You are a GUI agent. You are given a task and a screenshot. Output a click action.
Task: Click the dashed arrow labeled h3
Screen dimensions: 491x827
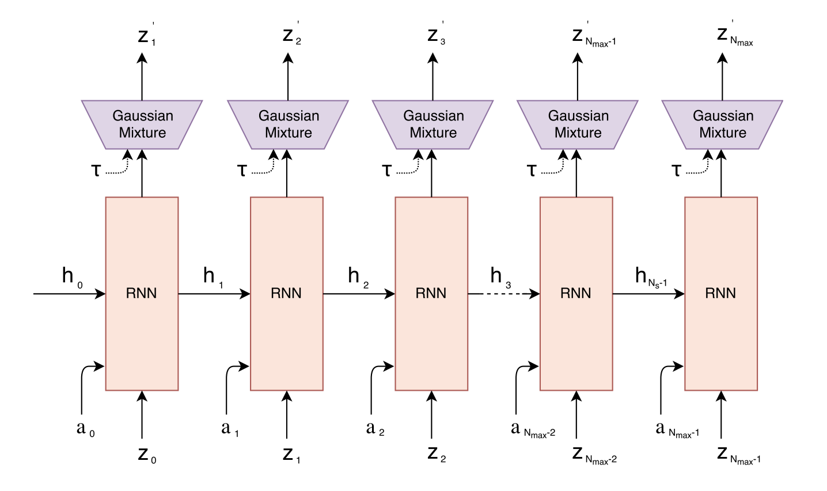[503, 294]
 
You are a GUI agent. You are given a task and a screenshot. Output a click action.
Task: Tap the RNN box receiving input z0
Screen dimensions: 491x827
[142, 293]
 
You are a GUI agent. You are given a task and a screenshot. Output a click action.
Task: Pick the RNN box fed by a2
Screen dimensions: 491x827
[431, 293]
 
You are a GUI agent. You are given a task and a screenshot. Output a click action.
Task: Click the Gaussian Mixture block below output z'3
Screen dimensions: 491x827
[433, 124]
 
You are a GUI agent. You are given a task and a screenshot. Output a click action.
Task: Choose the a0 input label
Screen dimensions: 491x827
[85, 429]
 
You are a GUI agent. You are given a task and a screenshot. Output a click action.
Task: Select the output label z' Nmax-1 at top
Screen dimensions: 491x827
[593, 36]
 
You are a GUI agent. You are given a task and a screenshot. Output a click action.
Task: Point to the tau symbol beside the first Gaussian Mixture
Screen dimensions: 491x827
[96, 171]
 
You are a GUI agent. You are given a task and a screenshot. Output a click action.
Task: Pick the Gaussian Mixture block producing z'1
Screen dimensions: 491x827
[142, 124]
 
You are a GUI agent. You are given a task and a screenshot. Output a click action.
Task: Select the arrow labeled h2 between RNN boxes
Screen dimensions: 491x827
[359, 294]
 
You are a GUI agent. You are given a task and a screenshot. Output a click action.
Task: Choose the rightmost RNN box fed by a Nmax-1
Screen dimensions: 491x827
[721, 293]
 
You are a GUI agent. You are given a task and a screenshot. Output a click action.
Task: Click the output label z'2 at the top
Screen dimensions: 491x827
[291, 36]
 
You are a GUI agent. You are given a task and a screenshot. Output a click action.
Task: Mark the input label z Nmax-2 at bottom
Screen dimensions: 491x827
[594, 455]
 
